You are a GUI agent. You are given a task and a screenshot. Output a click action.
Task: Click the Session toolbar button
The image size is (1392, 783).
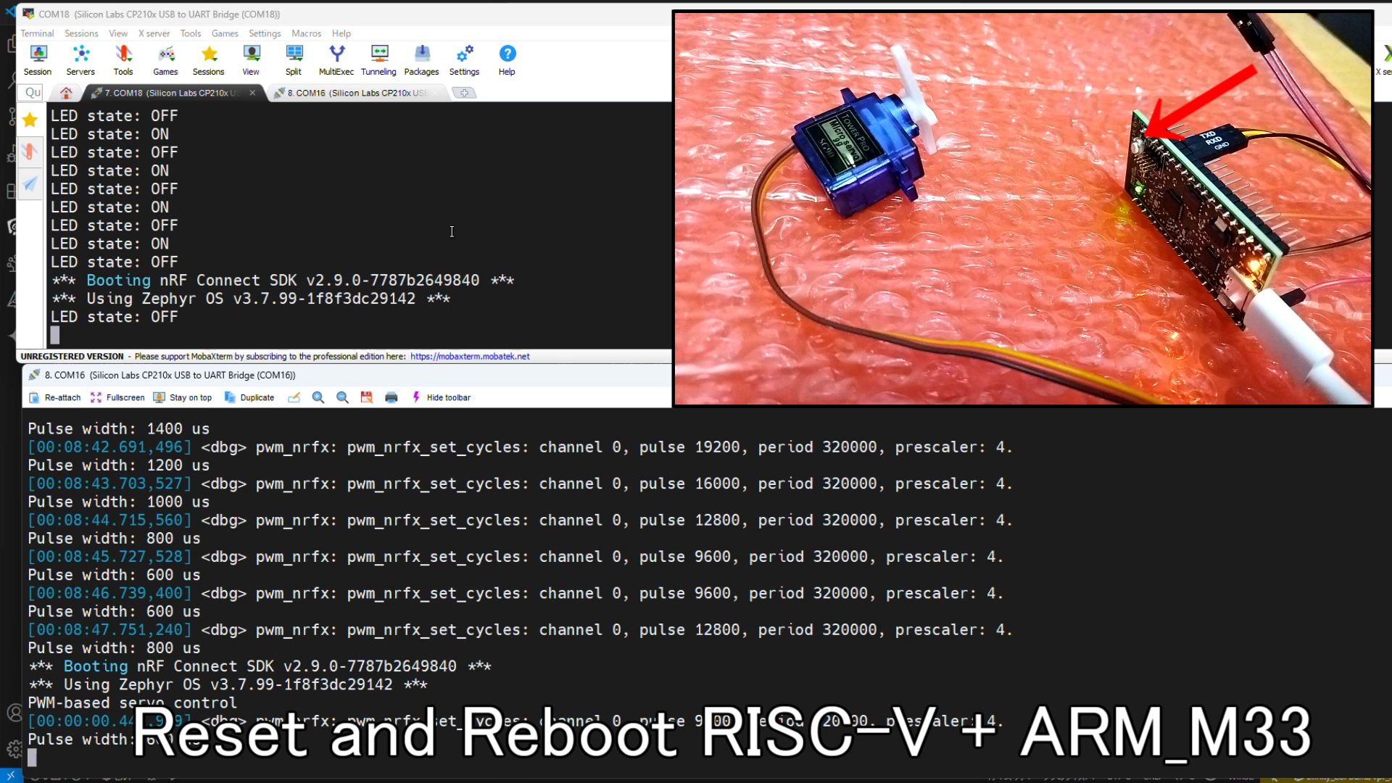38,60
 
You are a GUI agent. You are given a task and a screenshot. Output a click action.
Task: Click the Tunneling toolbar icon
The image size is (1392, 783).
378,60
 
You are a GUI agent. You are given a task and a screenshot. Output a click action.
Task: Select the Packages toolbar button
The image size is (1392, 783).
421,60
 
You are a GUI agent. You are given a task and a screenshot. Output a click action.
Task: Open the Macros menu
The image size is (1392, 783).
306,33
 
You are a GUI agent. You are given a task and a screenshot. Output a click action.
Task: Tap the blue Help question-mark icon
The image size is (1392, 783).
507,54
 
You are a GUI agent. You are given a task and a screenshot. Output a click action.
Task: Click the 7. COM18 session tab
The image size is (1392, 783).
167,93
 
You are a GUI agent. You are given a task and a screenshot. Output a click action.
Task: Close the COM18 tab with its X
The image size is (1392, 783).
252,93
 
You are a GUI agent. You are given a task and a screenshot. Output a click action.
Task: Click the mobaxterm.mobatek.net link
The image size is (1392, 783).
470,357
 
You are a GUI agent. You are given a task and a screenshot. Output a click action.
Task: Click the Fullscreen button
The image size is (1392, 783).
117,397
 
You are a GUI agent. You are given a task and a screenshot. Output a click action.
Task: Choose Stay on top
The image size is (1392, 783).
183,397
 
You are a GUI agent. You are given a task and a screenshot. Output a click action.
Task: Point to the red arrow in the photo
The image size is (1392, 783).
1203,101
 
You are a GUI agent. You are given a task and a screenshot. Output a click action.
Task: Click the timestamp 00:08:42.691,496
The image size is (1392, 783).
109,447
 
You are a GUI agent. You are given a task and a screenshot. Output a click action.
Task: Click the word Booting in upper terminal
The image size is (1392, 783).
118,281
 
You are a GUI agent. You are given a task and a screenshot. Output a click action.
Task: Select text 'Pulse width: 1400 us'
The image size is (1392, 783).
118,429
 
